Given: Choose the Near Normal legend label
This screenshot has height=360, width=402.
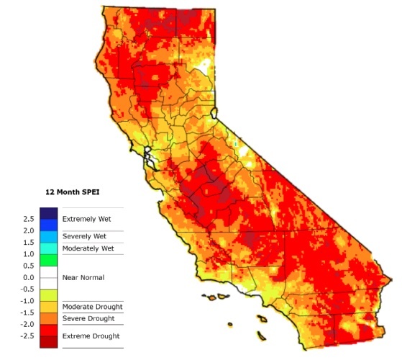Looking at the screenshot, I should pos(83,277).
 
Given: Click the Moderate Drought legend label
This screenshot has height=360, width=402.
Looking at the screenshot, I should pos(92,307).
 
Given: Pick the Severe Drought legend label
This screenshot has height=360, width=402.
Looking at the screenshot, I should pos(89,318).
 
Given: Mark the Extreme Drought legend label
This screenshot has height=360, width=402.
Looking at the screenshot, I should pos(91,336).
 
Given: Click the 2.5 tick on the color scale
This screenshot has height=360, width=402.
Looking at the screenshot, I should pos(28,219).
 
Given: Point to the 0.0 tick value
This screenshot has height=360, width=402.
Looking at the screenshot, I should pos(28,277).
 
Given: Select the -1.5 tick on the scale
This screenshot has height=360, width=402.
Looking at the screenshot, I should pos(27,312).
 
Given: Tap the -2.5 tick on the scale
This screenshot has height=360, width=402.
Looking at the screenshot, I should pos(27,336).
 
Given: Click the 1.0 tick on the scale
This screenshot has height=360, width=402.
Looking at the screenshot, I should pos(28,254).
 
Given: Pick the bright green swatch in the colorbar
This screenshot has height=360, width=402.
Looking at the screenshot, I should pos(49,260).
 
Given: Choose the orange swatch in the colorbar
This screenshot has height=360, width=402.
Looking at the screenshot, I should pos(49,318).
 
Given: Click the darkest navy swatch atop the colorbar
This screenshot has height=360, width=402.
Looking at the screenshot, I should pos(49,212).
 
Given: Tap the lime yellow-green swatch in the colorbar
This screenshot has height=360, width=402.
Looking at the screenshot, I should pos(49,295).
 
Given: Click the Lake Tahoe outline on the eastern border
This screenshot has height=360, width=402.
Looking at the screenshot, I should pos(215,113).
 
